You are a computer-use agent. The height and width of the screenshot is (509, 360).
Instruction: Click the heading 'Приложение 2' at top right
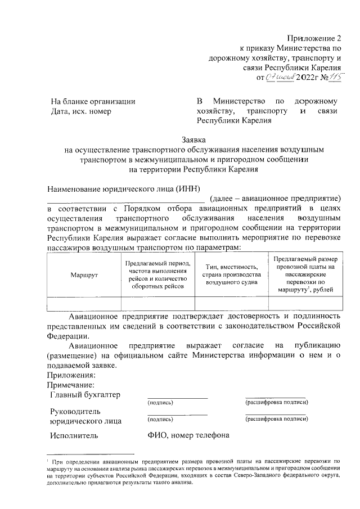click(x=314, y=38)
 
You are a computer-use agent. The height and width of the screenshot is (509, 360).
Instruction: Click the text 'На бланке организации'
click(x=93, y=101)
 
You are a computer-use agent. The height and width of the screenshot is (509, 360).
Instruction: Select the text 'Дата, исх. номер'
click(x=81, y=111)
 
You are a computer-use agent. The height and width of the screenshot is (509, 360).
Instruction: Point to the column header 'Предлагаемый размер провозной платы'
click(x=305, y=274)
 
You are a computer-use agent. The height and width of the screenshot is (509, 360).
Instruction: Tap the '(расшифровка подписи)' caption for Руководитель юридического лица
click(x=277, y=420)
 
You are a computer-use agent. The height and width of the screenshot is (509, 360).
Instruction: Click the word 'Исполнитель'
click(x=74, y=435)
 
